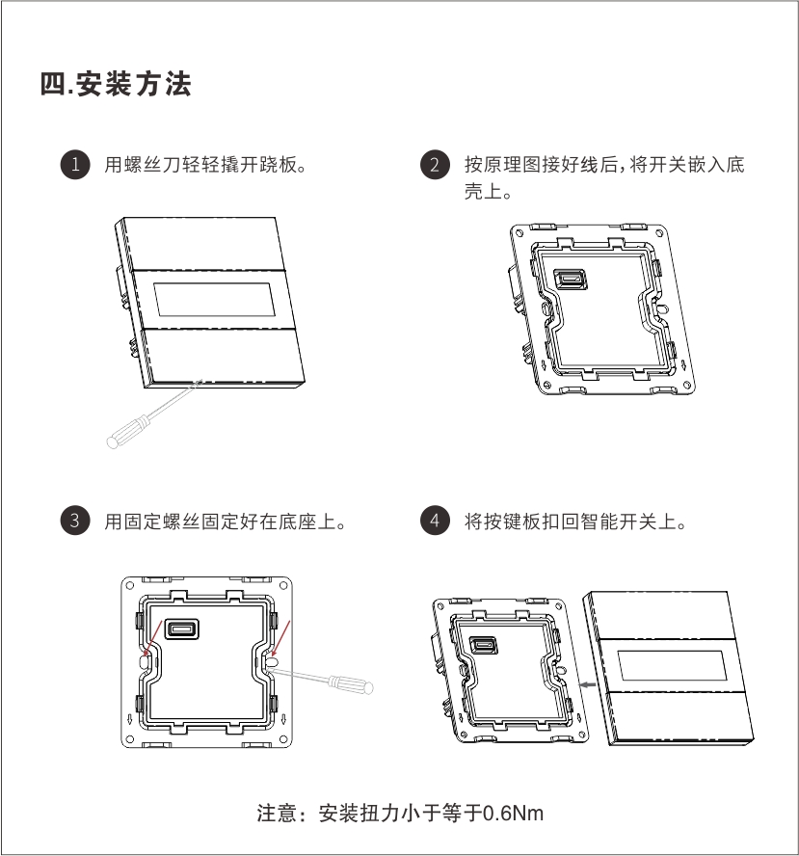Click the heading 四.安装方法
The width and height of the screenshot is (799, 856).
pos(116,84)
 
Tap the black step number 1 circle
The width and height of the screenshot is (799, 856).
pos(75,164)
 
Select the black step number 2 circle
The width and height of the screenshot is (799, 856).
pos(435,164)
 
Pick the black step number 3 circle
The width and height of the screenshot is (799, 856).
pos(75,521)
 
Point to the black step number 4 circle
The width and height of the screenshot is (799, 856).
pos(435,521)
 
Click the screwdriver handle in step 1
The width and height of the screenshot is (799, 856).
pos(128,432)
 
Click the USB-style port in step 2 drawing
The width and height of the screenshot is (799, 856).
pos(571,280)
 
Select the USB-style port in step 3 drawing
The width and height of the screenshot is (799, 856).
pos(182,629)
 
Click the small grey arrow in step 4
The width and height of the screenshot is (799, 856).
pos(588,684)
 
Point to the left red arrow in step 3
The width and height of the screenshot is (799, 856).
pos(152,638)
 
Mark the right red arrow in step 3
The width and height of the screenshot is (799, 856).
pos(280,638)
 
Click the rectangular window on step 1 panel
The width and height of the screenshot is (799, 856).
pos(214,299)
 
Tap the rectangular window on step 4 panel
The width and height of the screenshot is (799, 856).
pos(673,665)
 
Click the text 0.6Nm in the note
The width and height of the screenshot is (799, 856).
pos(514,814)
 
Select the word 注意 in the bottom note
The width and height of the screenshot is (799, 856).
pos(278,814)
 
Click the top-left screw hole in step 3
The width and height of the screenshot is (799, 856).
pos(130,586)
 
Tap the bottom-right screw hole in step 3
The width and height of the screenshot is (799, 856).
pos(283,739)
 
